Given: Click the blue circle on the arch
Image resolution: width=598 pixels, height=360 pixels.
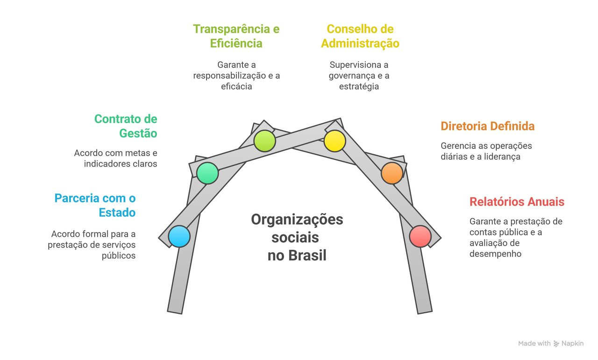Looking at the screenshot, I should click(179, 236).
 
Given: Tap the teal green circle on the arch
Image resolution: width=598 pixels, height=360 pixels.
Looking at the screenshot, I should click(208, 173).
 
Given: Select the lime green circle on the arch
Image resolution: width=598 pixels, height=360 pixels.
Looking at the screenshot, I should click(264, 141).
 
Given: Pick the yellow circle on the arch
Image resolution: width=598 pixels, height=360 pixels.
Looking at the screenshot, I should click(335, 141).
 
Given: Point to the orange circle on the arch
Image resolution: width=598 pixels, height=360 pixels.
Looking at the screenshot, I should click(392, 173).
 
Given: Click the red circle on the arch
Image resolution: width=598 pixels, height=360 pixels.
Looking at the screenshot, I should click(420, 236).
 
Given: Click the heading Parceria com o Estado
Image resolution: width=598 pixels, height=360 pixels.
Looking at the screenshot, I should click(95, 205).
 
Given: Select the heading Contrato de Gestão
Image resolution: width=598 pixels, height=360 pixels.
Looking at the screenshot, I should click(126, 126).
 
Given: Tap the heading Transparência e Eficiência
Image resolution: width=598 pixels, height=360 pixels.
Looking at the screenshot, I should click(236, 36).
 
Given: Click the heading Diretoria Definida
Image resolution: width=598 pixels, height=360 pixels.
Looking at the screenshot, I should click(487, 126).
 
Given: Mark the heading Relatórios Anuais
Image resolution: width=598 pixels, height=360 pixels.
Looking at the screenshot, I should click(517, 202).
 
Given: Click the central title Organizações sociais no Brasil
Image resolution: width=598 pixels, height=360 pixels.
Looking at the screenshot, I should click(297, 237).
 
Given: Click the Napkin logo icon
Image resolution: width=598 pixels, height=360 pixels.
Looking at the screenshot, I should click(556, 344).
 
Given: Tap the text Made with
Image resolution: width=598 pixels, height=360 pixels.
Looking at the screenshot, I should click(534, 344).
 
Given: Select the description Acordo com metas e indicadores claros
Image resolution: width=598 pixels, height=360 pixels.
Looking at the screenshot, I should click(115, 158).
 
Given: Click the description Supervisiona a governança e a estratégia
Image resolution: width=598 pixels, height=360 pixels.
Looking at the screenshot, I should click(359, 76).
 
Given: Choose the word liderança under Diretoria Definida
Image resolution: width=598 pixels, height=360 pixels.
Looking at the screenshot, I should click(501, 157).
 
